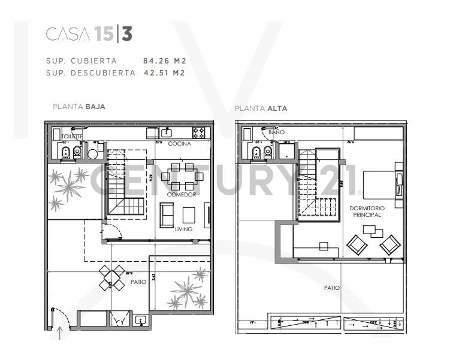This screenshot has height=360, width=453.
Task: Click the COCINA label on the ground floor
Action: [x=179, y=144]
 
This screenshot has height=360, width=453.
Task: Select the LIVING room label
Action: [x=183, y=229]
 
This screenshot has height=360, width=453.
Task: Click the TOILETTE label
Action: [x=73, y=137]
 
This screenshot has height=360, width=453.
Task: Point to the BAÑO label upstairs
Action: [x=259, y=131]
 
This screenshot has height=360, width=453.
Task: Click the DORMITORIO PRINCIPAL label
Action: [x=367, y=211]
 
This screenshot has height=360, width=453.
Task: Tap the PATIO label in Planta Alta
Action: [x=332, y=288]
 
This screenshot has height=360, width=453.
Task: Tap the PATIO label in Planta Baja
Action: [x=138, y=281]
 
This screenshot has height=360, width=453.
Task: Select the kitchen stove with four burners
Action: [x=199, y=131]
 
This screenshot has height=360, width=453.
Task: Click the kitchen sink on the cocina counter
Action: [x=167, y=131]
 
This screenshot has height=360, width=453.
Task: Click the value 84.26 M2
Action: [x=164, y=60]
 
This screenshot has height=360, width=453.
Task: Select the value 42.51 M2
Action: [x=164, y=73]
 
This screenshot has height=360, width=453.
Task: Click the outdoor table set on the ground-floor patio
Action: [x=112, y=277]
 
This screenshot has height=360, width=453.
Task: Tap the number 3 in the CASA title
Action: [x=126, y=35]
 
